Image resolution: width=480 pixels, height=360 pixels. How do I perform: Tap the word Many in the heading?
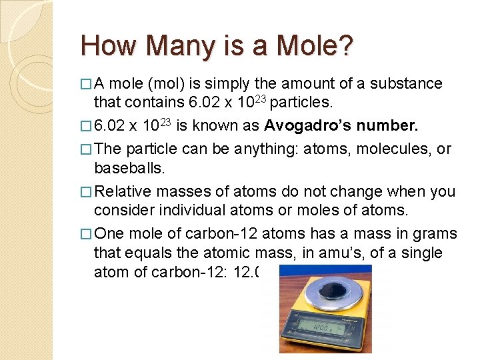[x=171, y=46]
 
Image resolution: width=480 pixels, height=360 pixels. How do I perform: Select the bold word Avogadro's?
[x=307, y=127]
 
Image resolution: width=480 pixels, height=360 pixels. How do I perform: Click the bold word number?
[x=386, y=127]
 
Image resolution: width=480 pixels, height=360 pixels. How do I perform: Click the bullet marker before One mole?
[x=85, y=235]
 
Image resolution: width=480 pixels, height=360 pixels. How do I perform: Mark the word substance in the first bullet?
[x=406, y=84]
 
